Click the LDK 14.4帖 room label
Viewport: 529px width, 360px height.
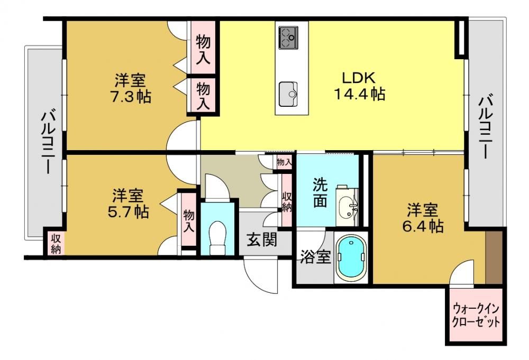pyautogui.click(x=359, y=86)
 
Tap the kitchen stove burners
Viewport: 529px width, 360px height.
pyautogui.click(x=288, y=38)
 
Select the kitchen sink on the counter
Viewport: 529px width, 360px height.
pyautogui.click(x=288, y=94)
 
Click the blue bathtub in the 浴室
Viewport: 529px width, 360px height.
pyautogui.click(x=351, y=257)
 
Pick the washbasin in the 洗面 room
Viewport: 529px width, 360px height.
pyautogui.click(x=348, y=206)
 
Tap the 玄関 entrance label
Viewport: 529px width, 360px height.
pyautogui.click(x=262, y=239)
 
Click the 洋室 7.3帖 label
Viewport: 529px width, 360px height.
pyautogui.click(x=131, y=88)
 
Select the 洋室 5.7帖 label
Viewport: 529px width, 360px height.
pyautogui.click(x=128, y=204)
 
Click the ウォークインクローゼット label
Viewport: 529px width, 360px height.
pyautogui.click(x=476, y=315)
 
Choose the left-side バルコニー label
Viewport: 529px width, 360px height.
pyautogui.click(x=48, y=142)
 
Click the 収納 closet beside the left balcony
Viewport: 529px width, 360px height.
pyautogui.click(x=56, y=243)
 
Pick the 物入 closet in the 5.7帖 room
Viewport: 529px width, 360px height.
pyautogui.click(x=189, y=220)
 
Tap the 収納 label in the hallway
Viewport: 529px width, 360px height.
pyautogui.click(x=287, y=201)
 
